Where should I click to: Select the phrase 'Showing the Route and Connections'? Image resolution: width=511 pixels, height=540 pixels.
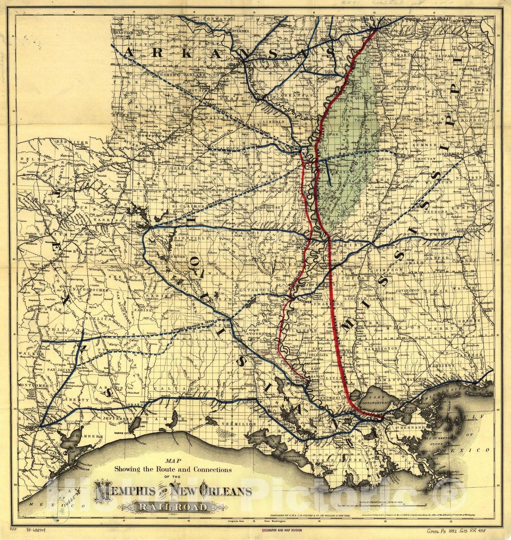[x=173, y=469]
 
